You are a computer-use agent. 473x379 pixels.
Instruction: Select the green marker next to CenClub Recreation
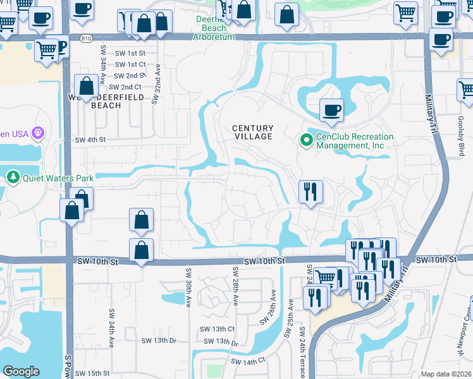click(x=306, y=140)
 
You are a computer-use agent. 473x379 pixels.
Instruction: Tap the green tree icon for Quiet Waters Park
click(x=11, y=177)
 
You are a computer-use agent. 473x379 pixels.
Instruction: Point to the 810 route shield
click(x=86, y=39)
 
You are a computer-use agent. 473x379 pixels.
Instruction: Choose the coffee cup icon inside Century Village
click(x=331, y=111)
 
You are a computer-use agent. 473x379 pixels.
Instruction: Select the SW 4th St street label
click(x=89, y=140)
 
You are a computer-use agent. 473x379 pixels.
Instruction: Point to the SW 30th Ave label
click(x=188, y=288)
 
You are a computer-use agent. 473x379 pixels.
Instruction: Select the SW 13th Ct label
click(x=217, y=329)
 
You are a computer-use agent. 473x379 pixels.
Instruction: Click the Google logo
click(x=21, y=371)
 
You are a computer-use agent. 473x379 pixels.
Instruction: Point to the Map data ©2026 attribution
click(x=446, y=374)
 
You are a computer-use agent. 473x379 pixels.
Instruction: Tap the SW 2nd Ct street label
click(x=125, y=87)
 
